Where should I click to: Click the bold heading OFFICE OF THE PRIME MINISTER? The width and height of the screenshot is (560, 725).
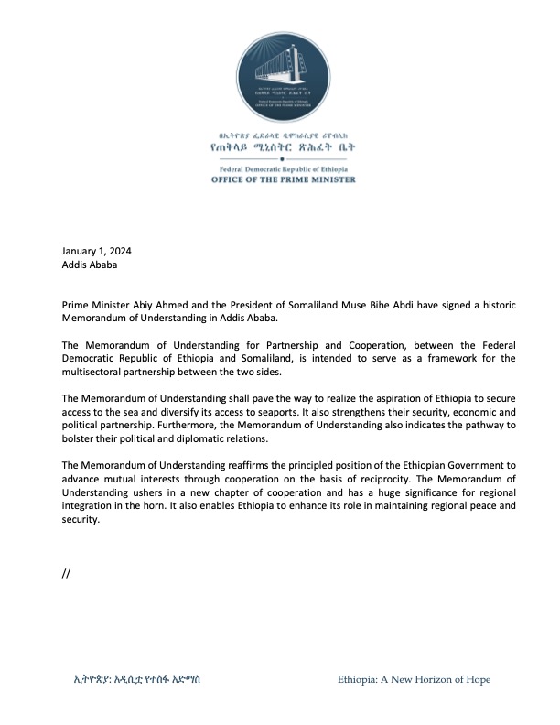click(x=278, y=179)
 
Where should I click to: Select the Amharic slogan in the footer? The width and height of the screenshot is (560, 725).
click(x=137, y=679)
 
